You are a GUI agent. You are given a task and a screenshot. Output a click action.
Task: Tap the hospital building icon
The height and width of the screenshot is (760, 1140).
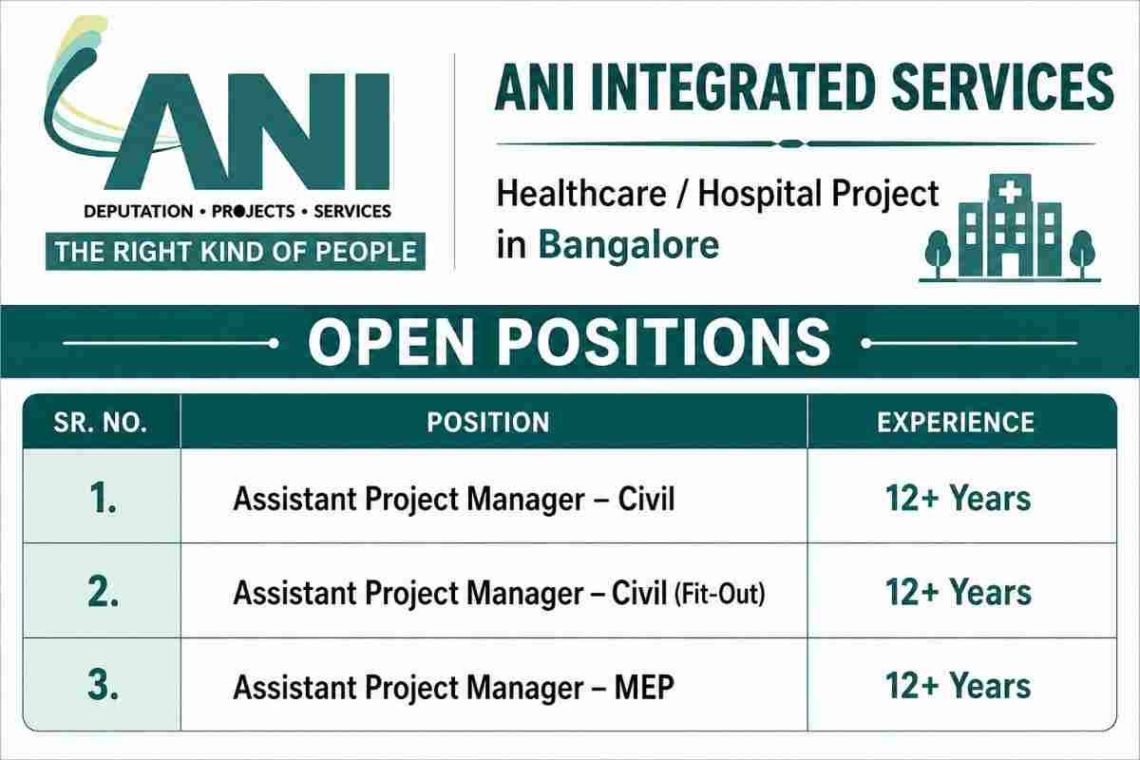coord(1010,228)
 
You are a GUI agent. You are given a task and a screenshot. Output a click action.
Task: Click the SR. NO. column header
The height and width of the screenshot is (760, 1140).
coord(101,423)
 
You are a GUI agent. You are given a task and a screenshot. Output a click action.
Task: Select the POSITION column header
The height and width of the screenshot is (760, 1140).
coord(488,423)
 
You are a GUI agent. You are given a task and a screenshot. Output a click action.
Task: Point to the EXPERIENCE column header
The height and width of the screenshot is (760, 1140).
coord(956,423)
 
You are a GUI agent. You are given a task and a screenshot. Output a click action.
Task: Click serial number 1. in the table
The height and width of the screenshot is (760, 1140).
coord(104,498)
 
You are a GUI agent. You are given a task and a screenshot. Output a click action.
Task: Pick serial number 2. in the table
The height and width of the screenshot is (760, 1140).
coord(104,592)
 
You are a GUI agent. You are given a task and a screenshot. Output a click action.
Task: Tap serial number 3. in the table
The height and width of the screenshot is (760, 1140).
coord(104,686)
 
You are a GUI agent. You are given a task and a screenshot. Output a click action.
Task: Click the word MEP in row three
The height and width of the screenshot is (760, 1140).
coord(644,687)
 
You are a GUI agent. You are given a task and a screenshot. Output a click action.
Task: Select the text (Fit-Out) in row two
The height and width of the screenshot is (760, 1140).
coord(720,594)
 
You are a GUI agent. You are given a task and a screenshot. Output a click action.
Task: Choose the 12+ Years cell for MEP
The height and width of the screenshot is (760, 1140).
coord(959,686)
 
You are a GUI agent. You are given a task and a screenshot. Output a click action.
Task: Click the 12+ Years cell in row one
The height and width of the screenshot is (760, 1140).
coord(959,498)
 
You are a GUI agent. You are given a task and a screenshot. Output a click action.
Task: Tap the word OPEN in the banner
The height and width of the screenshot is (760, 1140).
coord(390,342)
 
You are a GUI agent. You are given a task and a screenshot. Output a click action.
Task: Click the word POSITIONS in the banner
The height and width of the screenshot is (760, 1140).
coord(664,342)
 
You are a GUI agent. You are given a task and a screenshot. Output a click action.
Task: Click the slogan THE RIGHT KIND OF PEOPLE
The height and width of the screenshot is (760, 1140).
coord(236,252)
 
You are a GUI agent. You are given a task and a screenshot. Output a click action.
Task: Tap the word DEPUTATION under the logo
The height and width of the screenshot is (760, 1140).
coord(139,211)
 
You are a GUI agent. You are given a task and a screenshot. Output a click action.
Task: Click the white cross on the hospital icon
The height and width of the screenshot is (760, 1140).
coord(1011,193)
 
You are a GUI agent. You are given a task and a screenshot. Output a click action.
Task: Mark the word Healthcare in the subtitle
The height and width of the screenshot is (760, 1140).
coord(581,195)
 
